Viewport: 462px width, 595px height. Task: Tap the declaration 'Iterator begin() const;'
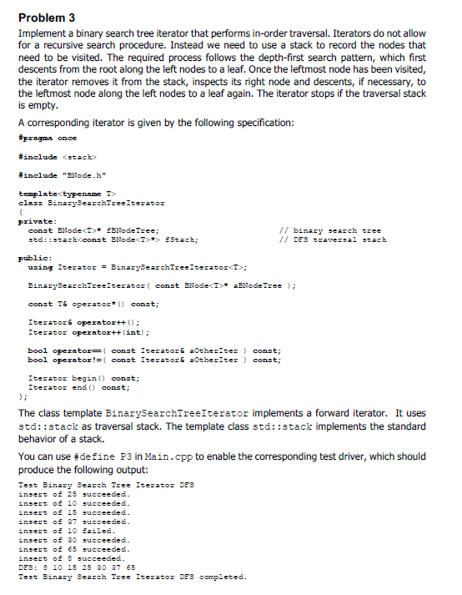click(83, 378)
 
